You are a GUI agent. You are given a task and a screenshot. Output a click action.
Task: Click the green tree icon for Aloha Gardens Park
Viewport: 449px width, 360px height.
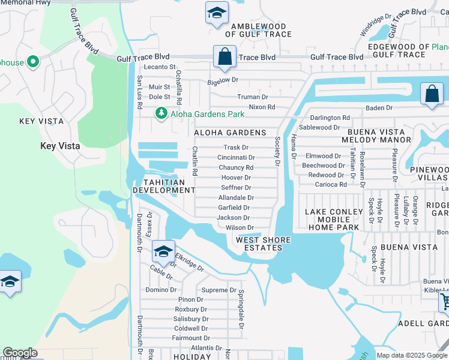[161, 113]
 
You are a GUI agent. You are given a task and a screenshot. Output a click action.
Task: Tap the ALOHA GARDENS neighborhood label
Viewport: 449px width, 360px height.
[230, 132]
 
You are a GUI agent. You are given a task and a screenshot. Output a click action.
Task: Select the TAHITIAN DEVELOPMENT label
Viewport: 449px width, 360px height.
[164, 186]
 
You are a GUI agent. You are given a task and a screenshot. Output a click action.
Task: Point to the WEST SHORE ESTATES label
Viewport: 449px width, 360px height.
[263, 244]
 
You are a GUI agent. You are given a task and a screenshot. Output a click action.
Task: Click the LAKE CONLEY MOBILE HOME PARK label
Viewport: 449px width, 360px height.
[334, 220]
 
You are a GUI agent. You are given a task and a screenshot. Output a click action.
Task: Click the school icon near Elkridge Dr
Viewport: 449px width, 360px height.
[163, 252]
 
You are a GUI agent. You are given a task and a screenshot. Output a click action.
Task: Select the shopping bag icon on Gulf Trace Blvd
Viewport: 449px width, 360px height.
[224, 57]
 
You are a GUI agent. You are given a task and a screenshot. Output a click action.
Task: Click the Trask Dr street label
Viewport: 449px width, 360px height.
[235, 147]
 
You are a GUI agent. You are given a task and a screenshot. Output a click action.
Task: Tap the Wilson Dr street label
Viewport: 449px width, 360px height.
[240, 228]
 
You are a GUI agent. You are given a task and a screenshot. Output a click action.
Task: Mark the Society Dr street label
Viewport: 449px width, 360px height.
[277, 151]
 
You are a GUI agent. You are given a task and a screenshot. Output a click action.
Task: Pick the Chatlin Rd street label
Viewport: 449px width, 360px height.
[194, 161]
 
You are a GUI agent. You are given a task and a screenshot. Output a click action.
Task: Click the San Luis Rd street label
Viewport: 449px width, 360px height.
[139, 92]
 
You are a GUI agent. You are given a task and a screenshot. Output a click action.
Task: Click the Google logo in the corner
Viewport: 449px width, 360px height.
[20, 353]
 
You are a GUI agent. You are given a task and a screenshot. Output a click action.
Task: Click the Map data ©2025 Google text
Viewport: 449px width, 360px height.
[411, 355]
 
